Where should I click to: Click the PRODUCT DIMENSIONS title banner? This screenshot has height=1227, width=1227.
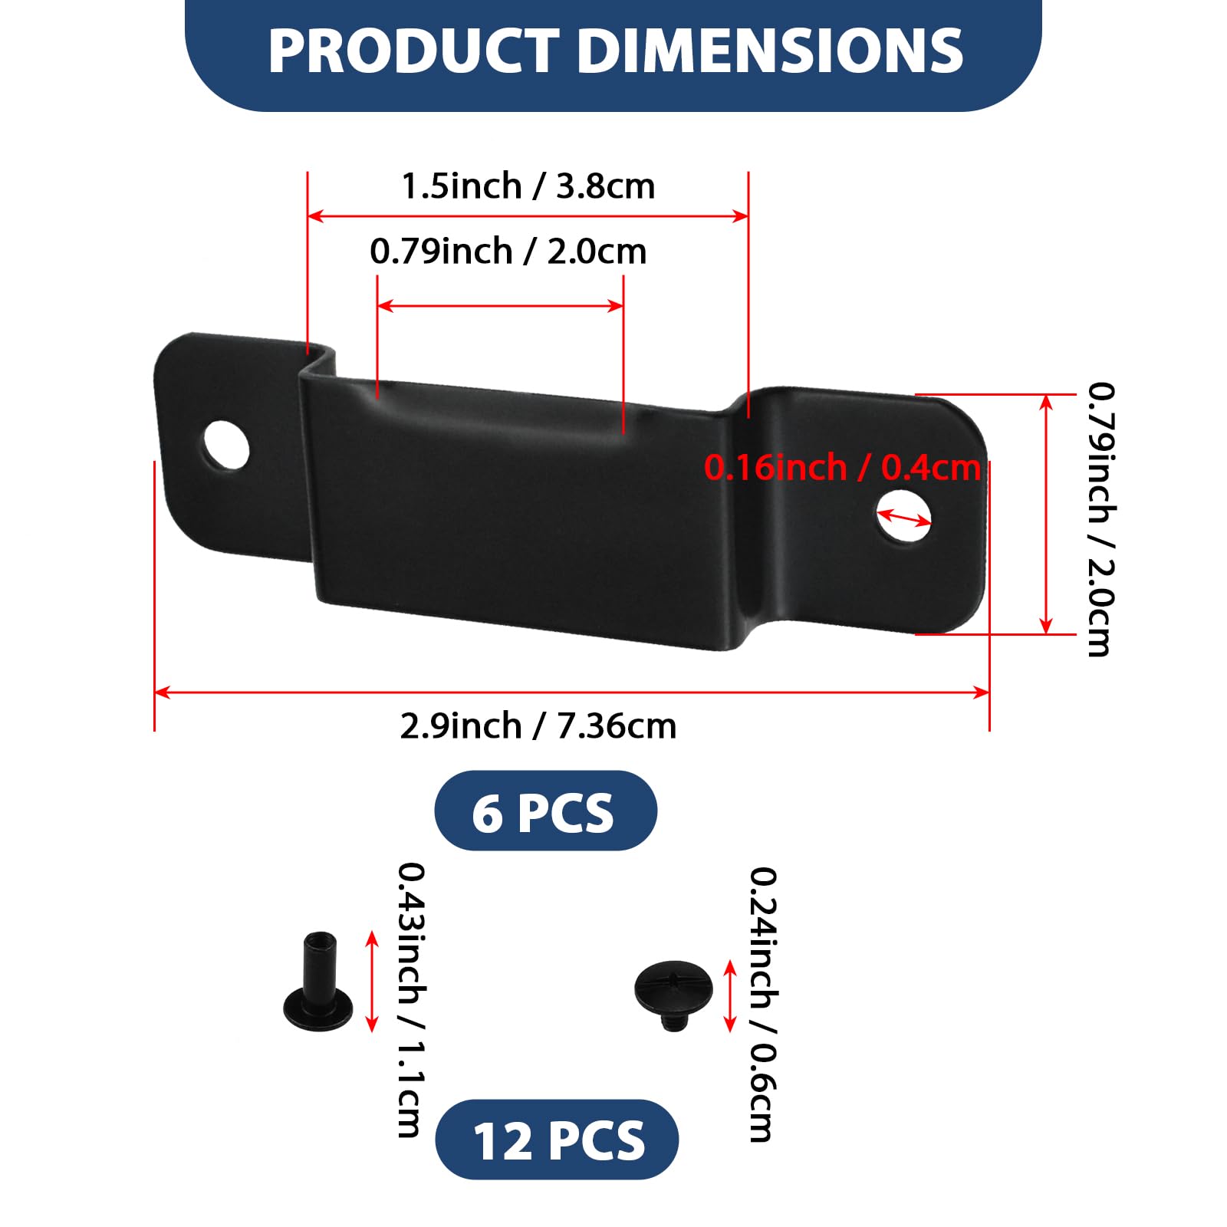click(613, 51)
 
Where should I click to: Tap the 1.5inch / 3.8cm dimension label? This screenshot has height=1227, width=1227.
click(528, 186)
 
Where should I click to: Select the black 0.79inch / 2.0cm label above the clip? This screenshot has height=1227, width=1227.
click(508, 252)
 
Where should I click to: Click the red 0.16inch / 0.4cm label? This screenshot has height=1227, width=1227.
click(842, 467)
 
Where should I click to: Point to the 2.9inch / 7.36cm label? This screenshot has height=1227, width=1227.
click(538, 725)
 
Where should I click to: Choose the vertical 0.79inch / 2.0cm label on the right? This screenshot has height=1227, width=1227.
click(1100, 519)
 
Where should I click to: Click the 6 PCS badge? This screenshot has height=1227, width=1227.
click(545, 811)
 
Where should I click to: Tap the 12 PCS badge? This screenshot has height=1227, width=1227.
click(557, 1140)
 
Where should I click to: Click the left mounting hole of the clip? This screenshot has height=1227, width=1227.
click(227, 445)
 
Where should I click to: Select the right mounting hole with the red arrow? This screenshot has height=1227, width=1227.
click(904, 515)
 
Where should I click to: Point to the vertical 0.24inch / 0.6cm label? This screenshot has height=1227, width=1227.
click(763, 1004)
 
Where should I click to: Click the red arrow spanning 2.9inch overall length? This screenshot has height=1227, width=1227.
click(571, 692)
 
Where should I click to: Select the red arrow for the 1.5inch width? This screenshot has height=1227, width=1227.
click(528, 216)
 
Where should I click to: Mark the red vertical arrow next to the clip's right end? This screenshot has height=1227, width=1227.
click(1046, 514)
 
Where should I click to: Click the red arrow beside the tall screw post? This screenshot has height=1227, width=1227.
click(372, 981)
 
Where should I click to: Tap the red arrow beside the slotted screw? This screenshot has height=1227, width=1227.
click(730, 995)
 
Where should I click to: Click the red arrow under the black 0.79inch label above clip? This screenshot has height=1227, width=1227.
click(500, 306)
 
